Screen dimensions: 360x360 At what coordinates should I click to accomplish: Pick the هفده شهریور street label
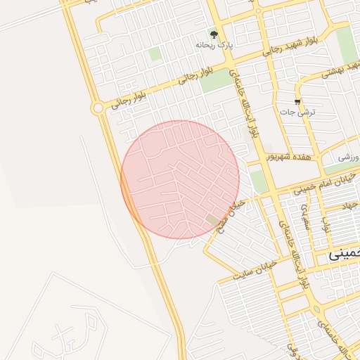click(x=290, y=156)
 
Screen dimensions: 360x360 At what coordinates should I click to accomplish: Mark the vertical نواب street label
click(x=326, y=226)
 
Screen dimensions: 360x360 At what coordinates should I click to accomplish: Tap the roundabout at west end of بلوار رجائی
click(x=97, y=108)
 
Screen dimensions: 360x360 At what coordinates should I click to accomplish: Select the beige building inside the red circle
click(x=213, y=220)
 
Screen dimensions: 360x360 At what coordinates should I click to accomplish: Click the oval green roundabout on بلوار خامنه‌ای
click(x=316, y=309)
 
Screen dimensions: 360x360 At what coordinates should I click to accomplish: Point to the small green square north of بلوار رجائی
click(x=155, y=53)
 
